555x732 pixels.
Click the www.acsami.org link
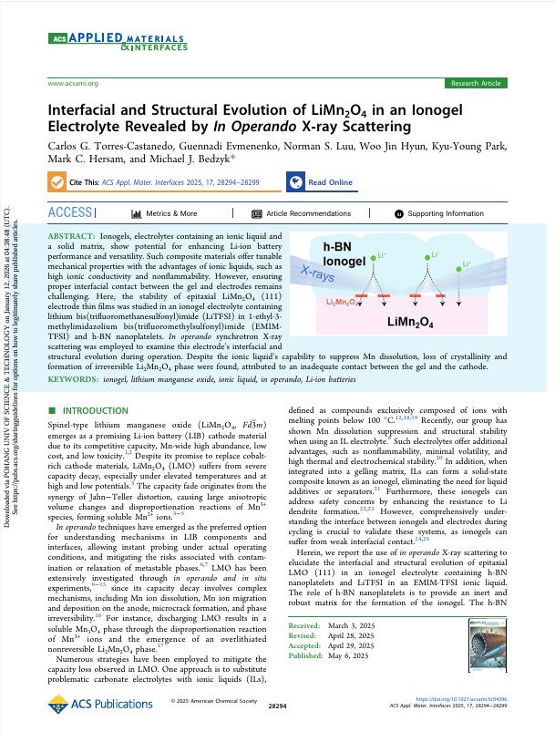[x=72, y=83]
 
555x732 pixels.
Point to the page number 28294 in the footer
[x=277, y=706]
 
